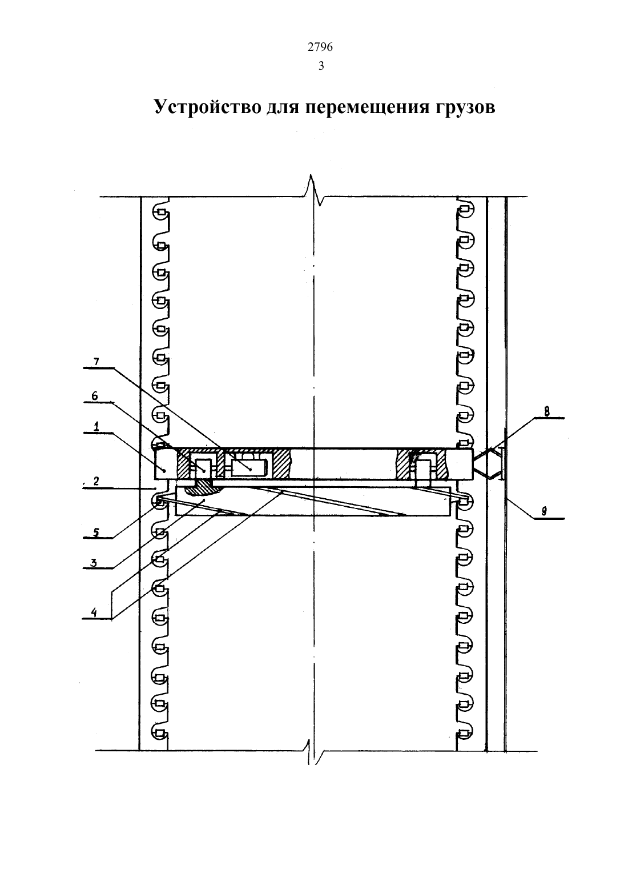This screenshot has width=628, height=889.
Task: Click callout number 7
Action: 96,362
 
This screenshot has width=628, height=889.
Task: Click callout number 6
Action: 95,396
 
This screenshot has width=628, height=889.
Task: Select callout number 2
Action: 96,481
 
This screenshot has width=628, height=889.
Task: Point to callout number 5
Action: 96,532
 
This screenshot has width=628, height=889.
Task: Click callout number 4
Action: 94,612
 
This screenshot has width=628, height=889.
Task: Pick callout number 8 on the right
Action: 547,411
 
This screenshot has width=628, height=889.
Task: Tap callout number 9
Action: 545,511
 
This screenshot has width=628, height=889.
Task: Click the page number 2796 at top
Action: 320,47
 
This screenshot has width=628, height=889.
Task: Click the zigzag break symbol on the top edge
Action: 314,190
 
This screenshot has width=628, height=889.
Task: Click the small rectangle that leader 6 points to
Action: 203,467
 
